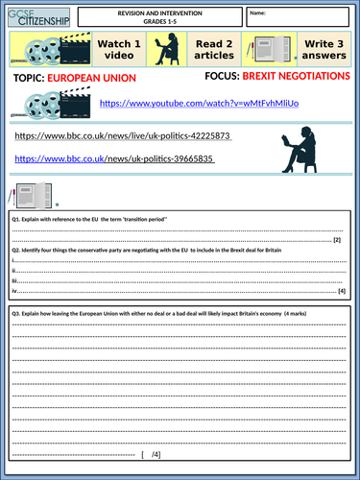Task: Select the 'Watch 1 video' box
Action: [x=119, y=51]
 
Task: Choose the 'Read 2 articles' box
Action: [x=216, y=51]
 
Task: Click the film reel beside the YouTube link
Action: [x=48, y=102]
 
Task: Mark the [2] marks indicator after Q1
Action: [x=337, y=240]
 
